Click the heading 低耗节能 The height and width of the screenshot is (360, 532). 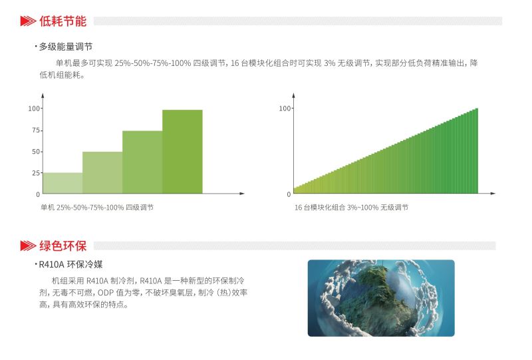[x=63, y=21]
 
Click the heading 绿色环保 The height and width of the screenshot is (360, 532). [x=63, y=246]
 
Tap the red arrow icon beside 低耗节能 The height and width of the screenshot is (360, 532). [x=28, y=21]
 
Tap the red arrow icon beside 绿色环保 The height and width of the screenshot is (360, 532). [x=28, y=246]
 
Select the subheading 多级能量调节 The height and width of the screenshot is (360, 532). [x=65, y=47]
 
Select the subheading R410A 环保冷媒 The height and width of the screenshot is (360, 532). [x=70, y=264]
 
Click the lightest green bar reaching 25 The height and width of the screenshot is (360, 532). [x=63, y=183]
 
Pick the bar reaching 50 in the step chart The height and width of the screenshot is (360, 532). [x=102, y=172]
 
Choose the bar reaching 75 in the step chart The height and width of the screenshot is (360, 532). [x=142, y=162]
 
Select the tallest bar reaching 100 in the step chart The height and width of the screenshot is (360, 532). [x=182, y=152]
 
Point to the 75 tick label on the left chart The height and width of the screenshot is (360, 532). [x=36, y=130]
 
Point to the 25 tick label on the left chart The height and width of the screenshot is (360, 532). [x=36, y=173]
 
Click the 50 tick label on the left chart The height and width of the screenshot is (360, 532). [x=36, y=152]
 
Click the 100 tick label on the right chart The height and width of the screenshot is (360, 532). [x=285, y=108]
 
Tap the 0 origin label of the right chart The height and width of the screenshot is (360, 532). [x=289, y=194]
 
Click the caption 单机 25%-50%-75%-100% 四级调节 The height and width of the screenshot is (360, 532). [x=97, y=207]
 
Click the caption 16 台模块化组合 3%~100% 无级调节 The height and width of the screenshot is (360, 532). [x=351, y=207]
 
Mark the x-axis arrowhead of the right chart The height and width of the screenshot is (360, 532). [x=493, y=194]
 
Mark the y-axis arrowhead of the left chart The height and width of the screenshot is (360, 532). [x=43, y=95]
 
